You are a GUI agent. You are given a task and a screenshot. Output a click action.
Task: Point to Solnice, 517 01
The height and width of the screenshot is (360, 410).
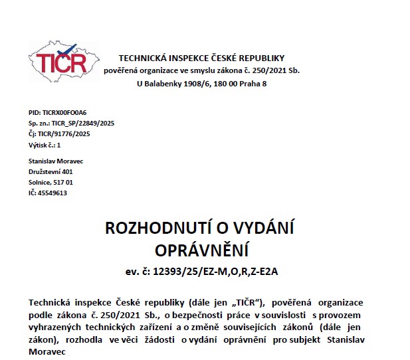click(51, 182)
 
